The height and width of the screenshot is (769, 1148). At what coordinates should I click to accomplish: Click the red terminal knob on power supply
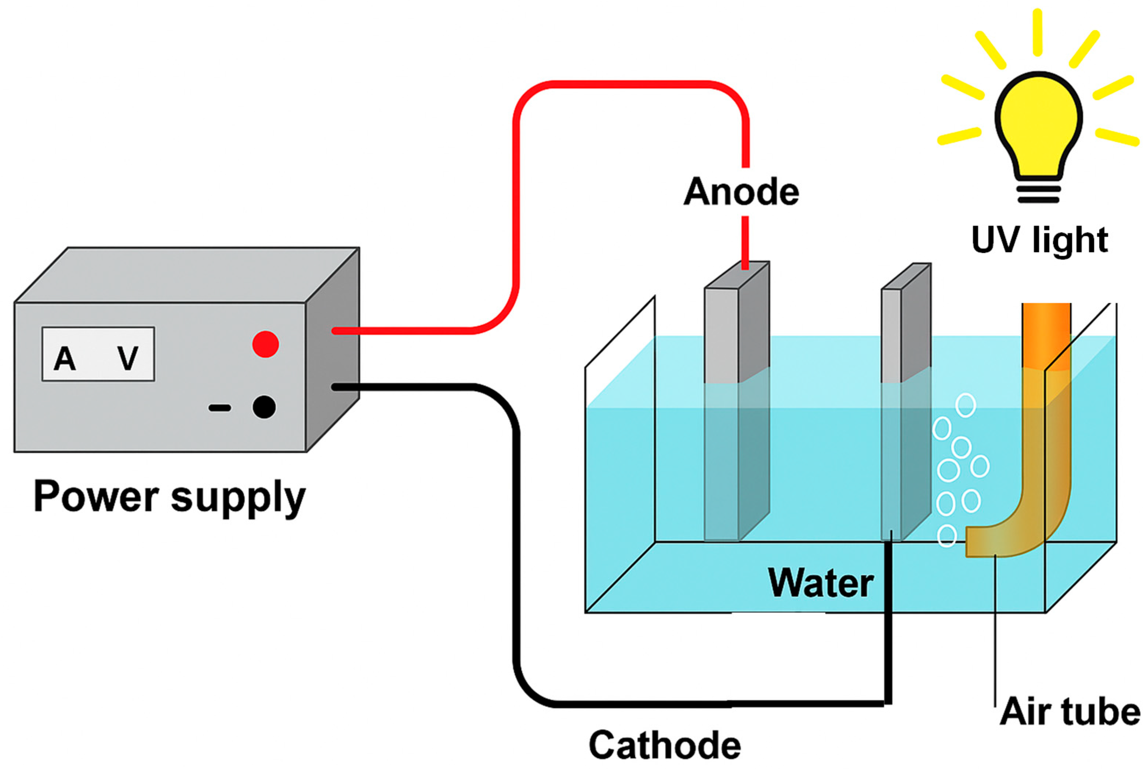click(266, 344)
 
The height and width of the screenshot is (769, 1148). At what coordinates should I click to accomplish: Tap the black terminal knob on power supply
click(264, 407)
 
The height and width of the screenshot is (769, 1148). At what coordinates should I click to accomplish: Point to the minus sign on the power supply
click(219, 408)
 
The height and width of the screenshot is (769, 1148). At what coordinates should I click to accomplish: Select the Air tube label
click(1069, 712)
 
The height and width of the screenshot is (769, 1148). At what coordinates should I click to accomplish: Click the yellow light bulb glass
click(1038, 123)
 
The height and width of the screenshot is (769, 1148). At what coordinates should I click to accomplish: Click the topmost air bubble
click(965, 405)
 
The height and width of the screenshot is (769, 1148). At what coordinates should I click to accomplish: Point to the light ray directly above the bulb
click(1037, 32)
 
